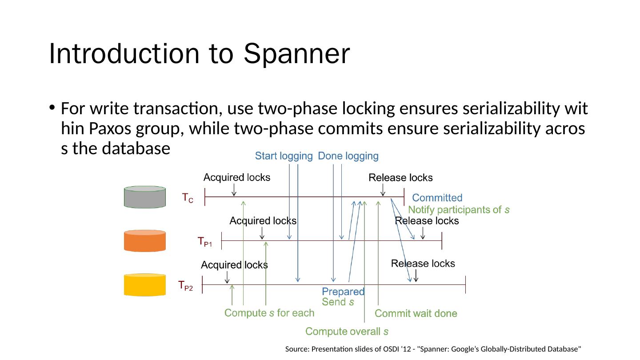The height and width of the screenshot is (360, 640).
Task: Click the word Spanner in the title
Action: (x=296, y=54)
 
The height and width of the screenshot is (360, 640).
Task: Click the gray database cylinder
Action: (x=144, y=197)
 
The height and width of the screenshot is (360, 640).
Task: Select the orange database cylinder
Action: (x=144, y=241)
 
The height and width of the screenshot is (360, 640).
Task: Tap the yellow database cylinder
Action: (x=144, y=285)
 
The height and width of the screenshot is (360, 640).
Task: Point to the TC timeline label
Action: (x=188, y=198)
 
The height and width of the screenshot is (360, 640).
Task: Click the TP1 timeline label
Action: (x=204, y=242)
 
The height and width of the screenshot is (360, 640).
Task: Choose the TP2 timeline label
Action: (x=185, y=285)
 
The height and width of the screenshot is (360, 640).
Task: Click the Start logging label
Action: (x=284, y=156)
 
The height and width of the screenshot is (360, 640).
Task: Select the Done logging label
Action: (x=348, y=156)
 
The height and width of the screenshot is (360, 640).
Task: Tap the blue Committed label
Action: (x=437, y=198)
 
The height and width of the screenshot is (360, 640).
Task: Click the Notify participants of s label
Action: (x=459, y=210)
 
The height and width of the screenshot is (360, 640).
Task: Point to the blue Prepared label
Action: (x=343, y=292)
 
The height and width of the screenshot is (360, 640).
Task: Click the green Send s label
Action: (x=338, y=302)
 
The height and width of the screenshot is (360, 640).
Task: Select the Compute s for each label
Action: (x=269, y=313)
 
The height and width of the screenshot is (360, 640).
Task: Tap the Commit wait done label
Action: (x=416, y=313)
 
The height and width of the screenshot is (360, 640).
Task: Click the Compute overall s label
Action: (x=347, y=331)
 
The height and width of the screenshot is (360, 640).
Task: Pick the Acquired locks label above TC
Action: (x=236, y=177)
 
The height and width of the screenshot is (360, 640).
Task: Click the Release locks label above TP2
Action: (x=423, y=264)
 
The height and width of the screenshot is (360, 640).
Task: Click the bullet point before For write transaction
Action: (x=52, y=108)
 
